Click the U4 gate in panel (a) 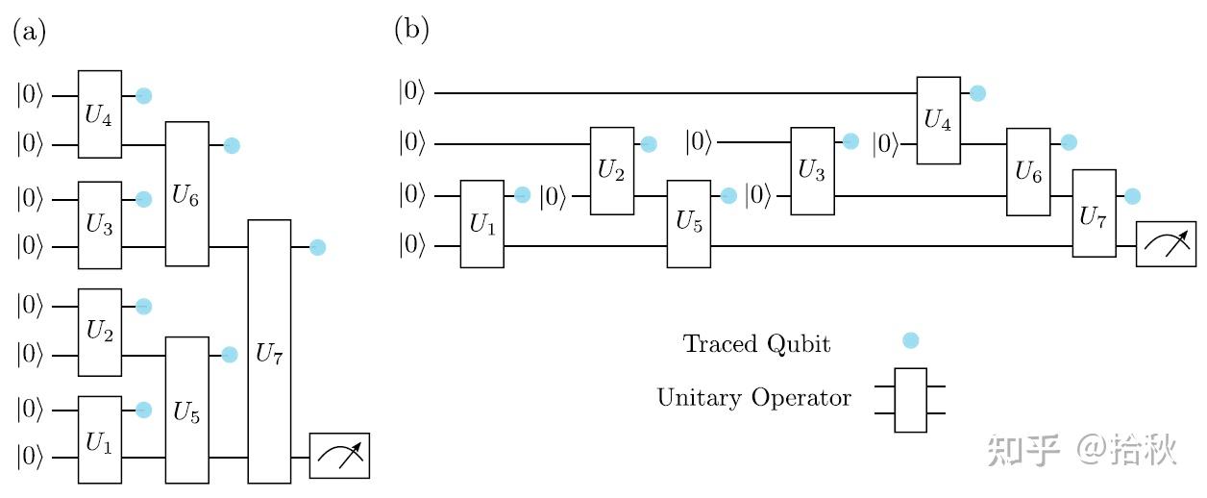(x=100, y=114)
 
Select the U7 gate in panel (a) (x=269, y=351)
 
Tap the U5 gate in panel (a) (x=186, y=410)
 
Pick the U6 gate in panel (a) (x=186, y=194)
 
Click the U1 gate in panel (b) (x=481, y=223)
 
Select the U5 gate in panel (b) (x=689, y=223)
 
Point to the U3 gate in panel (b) (x=812, y=171)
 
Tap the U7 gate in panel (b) (x=1094, y=213)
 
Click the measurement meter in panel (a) (x=339, y=456)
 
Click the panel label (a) (x=29, y=31)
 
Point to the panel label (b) (x=411, y=31)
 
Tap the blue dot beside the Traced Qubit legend (x=911, y=340)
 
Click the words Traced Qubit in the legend (x=756, y=344)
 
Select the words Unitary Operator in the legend (x=754, y=397)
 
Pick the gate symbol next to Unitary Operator (x=910, y=400)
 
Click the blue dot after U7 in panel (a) (x=318, y=247)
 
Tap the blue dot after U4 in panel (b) (x=977, y=93)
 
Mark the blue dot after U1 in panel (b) (x=522, y=195)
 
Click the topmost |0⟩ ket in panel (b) (x=411, y=93)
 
